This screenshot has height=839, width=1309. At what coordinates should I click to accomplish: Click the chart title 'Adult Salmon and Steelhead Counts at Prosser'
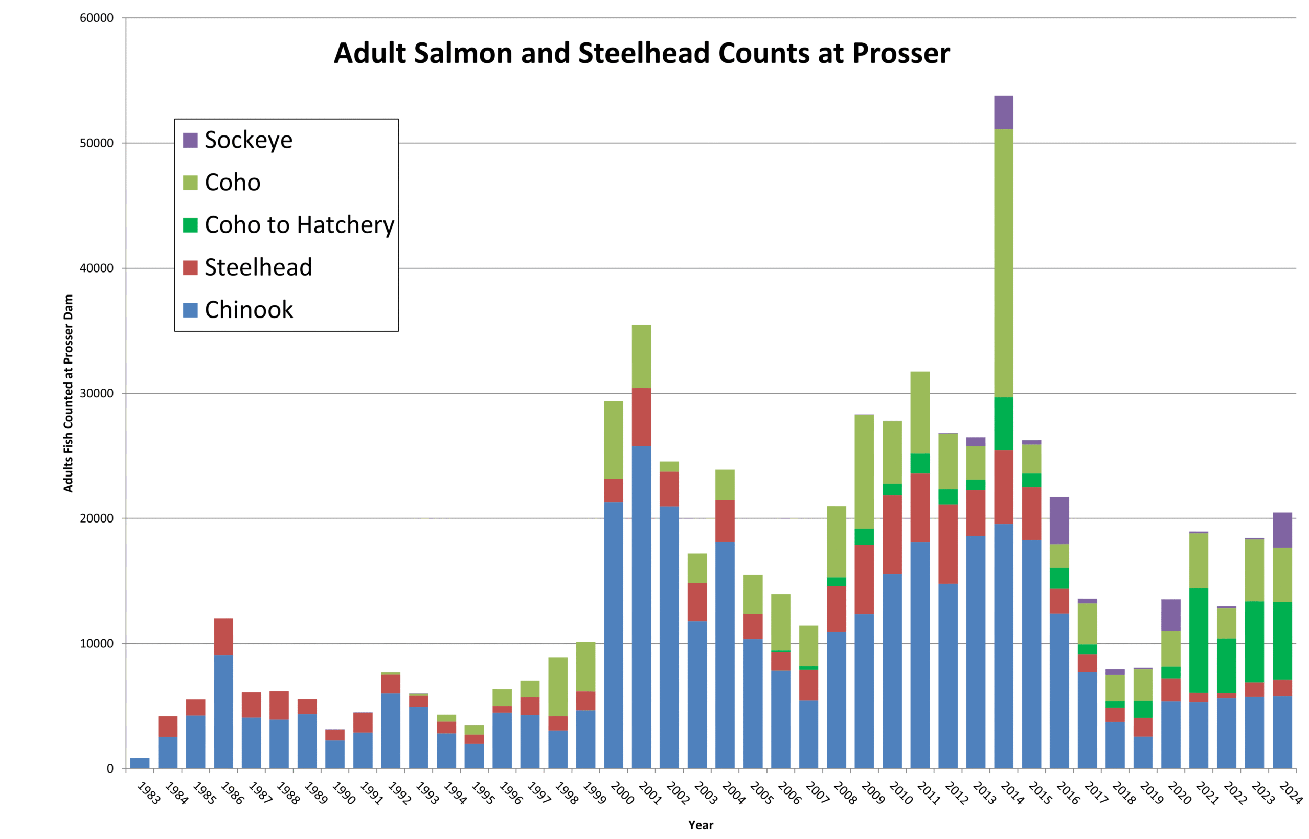coord(641,53)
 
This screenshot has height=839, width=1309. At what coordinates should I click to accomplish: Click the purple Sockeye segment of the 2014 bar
coord(1003,112)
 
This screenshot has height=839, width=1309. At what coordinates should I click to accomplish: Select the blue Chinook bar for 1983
coord(140,763)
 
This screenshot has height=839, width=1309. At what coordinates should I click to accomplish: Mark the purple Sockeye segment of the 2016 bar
coord(1059,520)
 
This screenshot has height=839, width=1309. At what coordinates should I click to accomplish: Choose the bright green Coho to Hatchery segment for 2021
coord(1199,640)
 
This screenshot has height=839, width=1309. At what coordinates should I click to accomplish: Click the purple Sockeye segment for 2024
coord(1282,530)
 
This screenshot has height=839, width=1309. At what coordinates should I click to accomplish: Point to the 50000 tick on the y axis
coord(97,143)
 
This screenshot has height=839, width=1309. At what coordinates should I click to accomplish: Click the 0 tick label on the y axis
coord(109,769)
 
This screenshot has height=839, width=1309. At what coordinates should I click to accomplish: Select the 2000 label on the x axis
coord(622,793)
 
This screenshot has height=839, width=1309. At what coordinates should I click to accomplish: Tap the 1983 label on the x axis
coord(148,793)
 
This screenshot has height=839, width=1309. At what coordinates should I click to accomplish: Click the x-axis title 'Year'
coord(701,825)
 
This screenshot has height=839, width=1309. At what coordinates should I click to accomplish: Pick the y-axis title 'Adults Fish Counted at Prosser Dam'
coord(68,393)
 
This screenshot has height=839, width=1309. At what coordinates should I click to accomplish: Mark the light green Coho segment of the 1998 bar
coord(558,687)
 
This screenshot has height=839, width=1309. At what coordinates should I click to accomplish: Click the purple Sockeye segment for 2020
coord(1170,615)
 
